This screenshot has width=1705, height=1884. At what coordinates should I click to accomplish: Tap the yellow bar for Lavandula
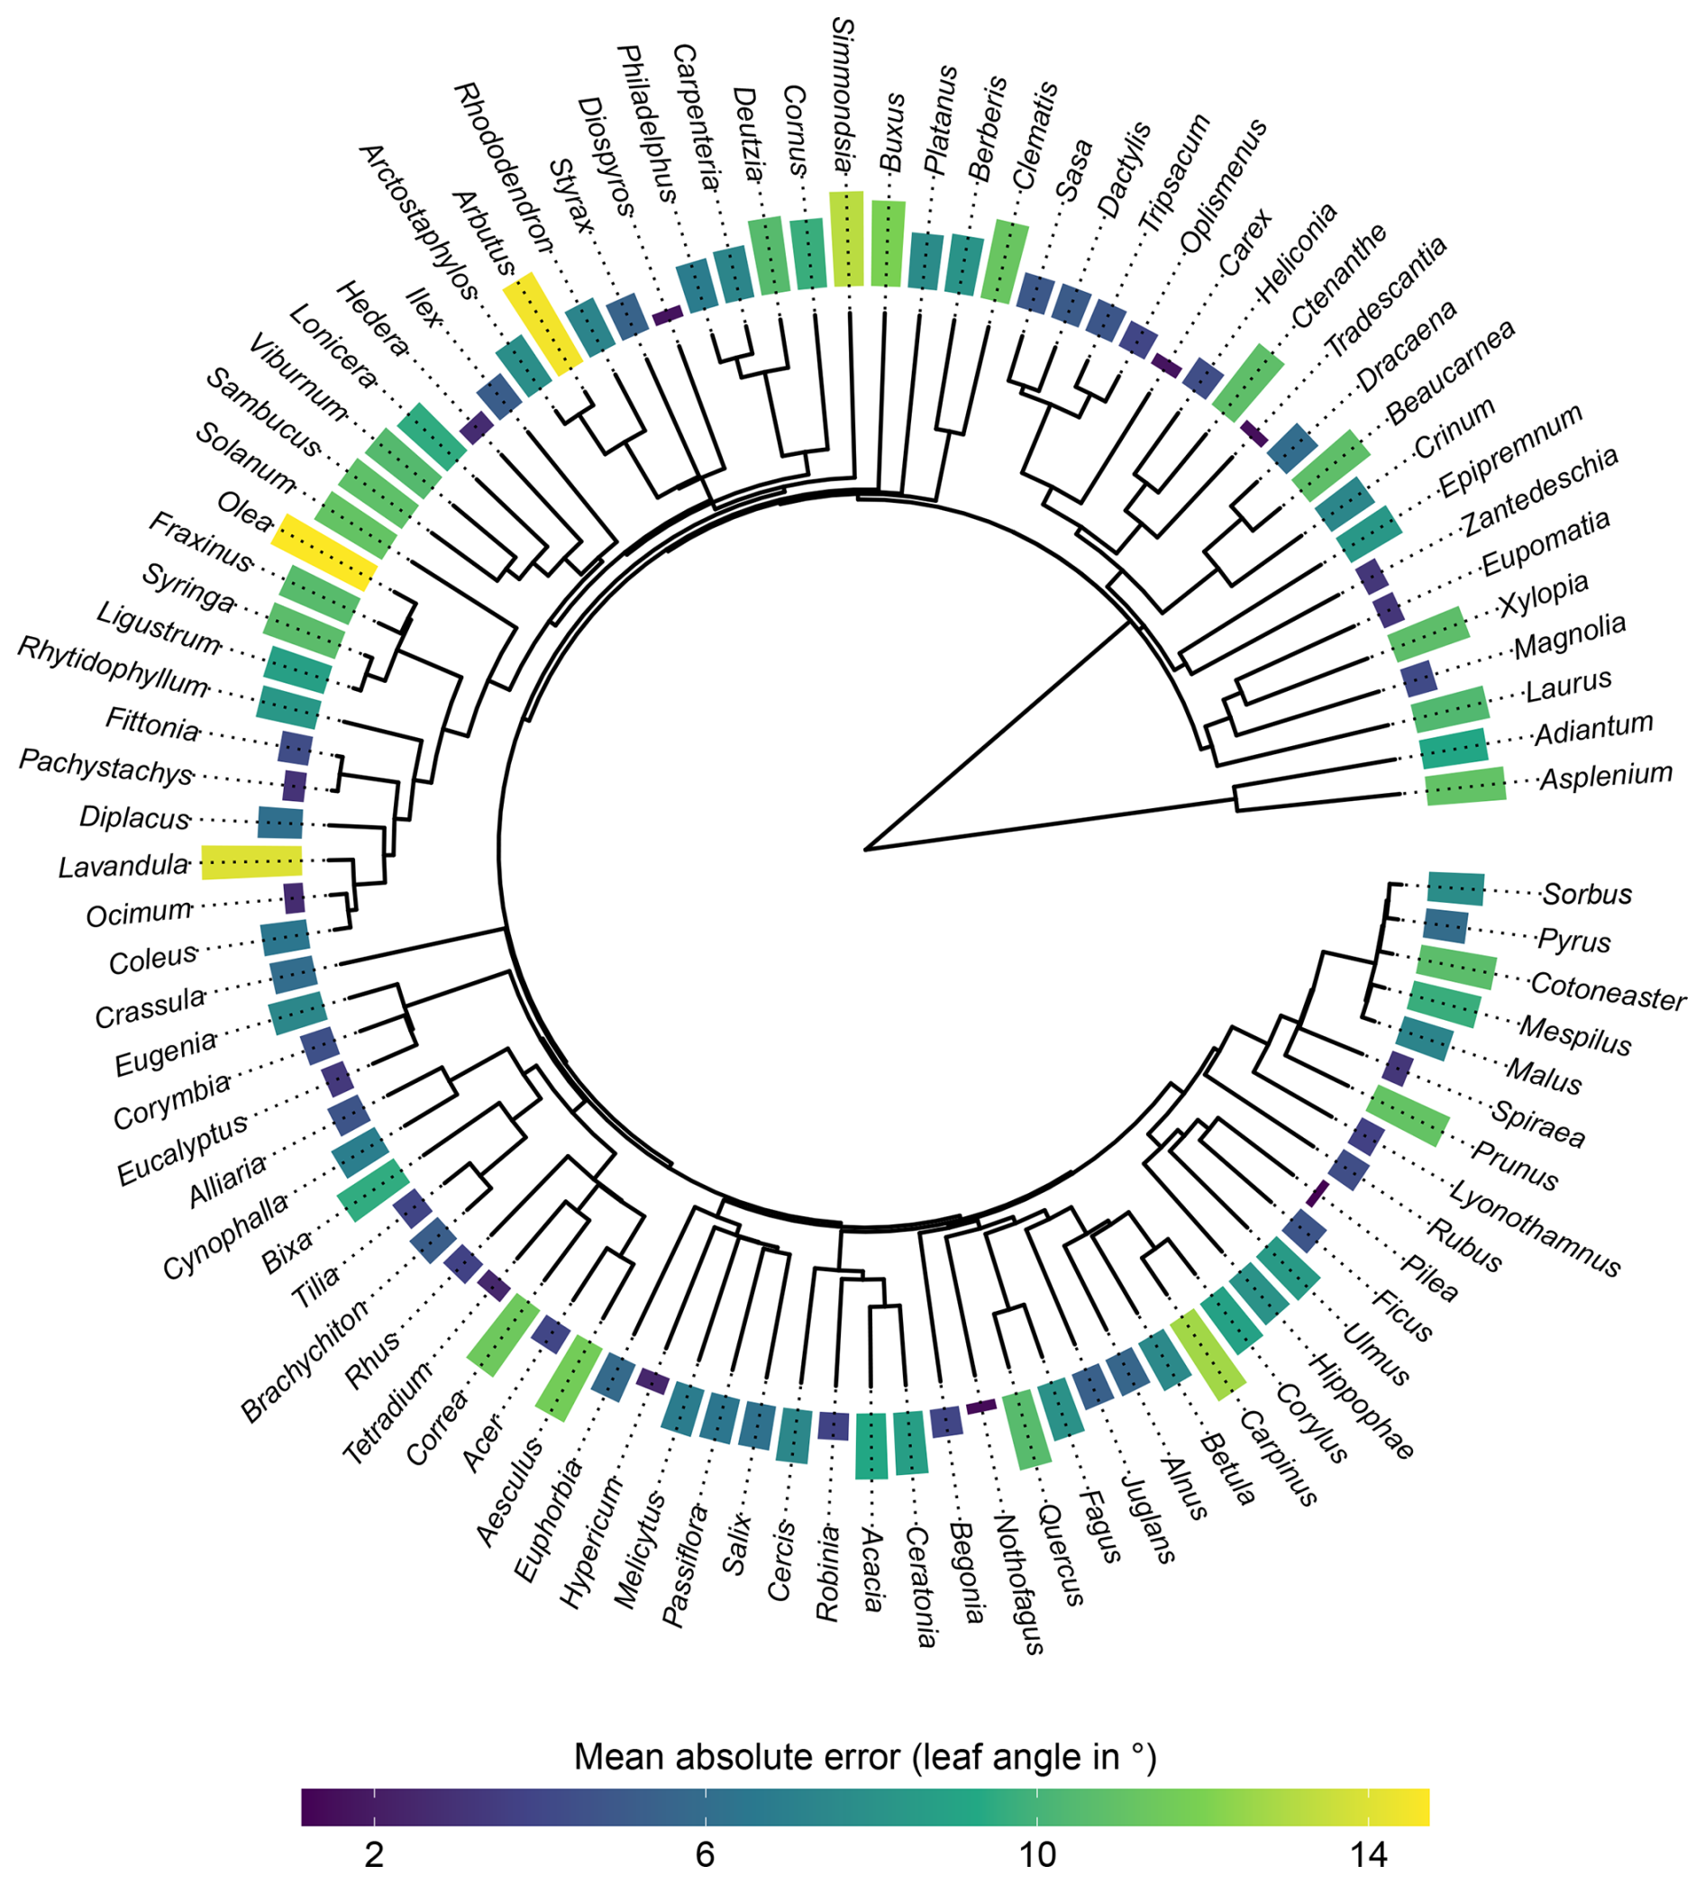(252, 860)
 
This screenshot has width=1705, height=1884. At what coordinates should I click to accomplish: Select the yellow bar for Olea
(324, 551)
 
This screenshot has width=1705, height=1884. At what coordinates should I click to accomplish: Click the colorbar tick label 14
(1368, 1853)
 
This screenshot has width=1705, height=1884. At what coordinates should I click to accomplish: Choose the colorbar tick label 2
(374, 1853)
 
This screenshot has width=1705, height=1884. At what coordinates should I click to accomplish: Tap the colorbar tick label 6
(705, 1853)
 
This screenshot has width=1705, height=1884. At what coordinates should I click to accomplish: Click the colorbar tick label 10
(1036, 1853)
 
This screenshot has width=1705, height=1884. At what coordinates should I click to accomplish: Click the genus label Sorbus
(1587, 895)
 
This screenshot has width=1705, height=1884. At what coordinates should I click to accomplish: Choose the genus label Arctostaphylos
(418, 221)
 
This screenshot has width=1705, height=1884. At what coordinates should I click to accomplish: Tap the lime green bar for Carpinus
(1208, 1354)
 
